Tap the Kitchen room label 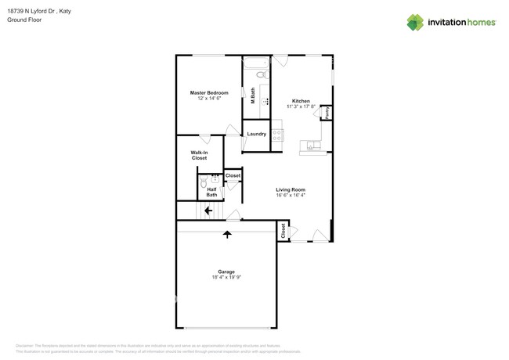pyautogui.click(x=301, y=101)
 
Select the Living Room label pyautogui.click(x=290, y=189)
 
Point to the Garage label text pyautogui.click(x=226, y=272)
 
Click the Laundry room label pyautogui.click(x=256, y=134)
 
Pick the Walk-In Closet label pyautogui.click(x=199, y=155)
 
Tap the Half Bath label pyautogui.click(x=211, y=191)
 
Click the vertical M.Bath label pyautogui.click(x=253, y=96)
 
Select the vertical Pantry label pyautogui.click(x=327, y=113)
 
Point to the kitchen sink pyautogui.click(x=312, y=146)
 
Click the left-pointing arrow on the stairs pyautogui.click(x=208, y=210)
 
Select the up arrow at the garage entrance pyautogui.click(x=227, y=234)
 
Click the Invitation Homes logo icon pyautogui.click(x=414, y=22)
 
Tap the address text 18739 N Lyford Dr pyautogui.click(x=32, y=11)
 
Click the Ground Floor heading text pyautogui.click(x=24, y=20)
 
